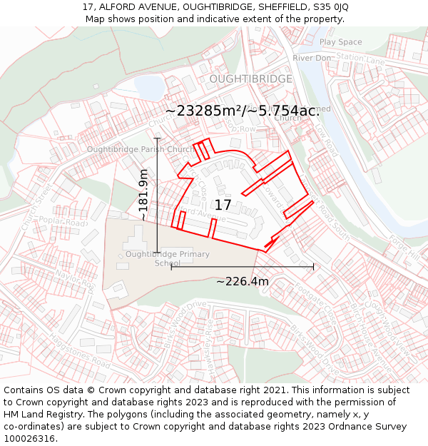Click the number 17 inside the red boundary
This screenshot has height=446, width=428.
pyautogui.click(x=223, y=205)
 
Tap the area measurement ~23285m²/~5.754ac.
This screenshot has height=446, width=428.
pyautogui.click(x=242, y=111)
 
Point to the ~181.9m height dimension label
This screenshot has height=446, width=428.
pyautogui.click(x=143, y=194)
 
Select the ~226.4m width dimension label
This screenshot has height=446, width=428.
pyautogui.click(x=243, y=281)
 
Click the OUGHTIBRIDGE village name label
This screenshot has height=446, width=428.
pyautogui.click(x=250, y=78)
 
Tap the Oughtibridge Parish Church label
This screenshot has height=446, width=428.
pyautogui.click(x=141, y=149)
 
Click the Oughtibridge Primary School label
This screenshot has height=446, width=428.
pyautogui.click(x=168, y=258)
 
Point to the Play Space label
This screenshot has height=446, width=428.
pyautogui.click(x=341, y=42)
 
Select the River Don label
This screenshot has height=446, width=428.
pyautogui.click(x=312, y=58)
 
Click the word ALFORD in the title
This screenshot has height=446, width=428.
pyautogui.click(x=118, y=6)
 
